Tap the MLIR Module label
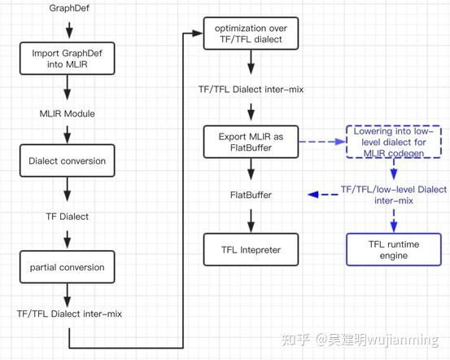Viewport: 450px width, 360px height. tap(68, 113)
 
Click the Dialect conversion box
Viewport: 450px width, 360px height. tap(68, 161)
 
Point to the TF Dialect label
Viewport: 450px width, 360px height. tap(68, 217)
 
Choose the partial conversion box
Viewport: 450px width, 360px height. tap(68, 266)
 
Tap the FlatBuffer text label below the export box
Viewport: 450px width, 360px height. tap(250, 195)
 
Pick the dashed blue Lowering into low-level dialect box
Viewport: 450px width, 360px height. tap(394, 142)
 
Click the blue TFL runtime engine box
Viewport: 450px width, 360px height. tap(394, 249)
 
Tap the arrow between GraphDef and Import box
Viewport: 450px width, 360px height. tap(68, 30)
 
